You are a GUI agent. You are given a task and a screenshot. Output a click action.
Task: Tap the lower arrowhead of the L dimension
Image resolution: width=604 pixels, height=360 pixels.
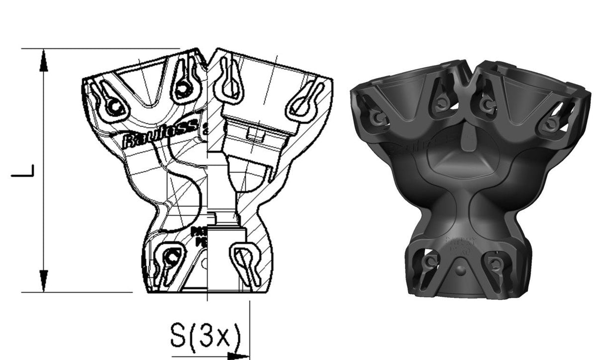click(x=44, y=280)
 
